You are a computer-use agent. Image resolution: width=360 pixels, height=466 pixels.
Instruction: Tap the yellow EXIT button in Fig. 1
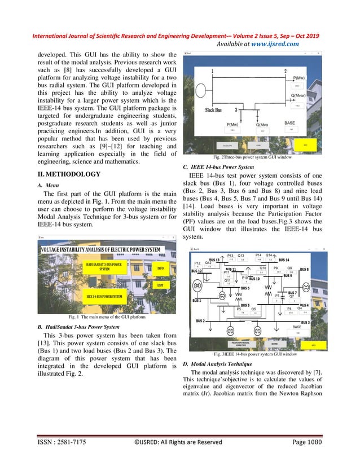coord(161,285)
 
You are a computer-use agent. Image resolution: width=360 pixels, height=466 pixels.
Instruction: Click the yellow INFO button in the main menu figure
coord(161,269)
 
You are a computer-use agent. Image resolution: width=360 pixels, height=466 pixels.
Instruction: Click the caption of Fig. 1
coord(107,317)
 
